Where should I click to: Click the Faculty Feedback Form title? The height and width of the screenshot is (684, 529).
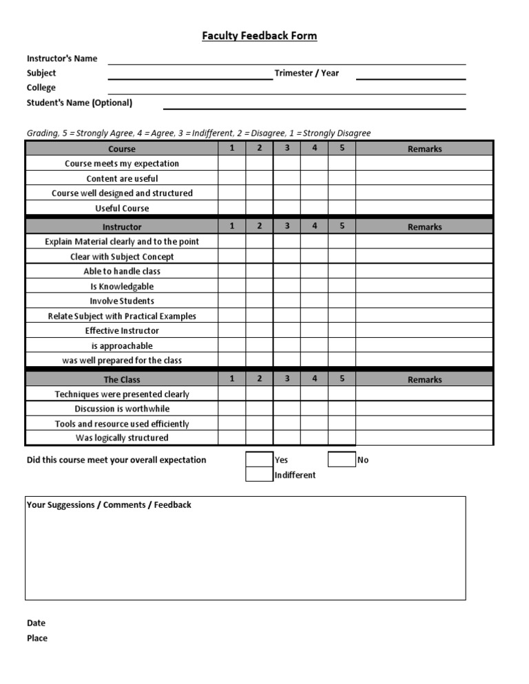point(259,36)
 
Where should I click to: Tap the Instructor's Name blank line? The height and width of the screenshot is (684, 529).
point(287,59)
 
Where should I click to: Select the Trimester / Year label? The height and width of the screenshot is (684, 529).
point(307,73)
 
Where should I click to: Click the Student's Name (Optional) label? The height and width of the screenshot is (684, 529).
point(79,103)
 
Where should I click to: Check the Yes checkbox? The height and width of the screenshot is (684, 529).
point(260,460)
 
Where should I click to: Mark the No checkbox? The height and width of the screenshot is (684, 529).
point(342,460)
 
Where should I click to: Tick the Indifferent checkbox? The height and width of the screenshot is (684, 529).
point(260,475)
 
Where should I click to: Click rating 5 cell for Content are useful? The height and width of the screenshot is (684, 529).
point(342,178)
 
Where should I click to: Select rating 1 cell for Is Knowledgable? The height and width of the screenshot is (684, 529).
point(232,286)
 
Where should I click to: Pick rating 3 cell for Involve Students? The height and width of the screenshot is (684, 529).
point(287,301)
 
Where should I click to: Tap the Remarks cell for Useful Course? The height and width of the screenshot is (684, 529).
point(424,208)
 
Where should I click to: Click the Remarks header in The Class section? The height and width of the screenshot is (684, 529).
point(424,379)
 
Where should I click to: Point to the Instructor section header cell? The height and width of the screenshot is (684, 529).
point(122,226)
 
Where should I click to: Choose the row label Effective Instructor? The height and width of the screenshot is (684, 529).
point(122,330)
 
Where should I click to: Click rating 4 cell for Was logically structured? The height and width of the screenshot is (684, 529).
point(314,438)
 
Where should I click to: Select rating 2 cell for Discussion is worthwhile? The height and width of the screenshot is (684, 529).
point(260,409)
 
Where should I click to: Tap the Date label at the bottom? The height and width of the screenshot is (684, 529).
point(36,623)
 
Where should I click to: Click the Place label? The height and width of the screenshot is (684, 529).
point(37,638)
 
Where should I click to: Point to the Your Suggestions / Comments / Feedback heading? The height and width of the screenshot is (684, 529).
point(109,504)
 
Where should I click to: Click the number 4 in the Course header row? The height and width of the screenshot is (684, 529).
point(314,148)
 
